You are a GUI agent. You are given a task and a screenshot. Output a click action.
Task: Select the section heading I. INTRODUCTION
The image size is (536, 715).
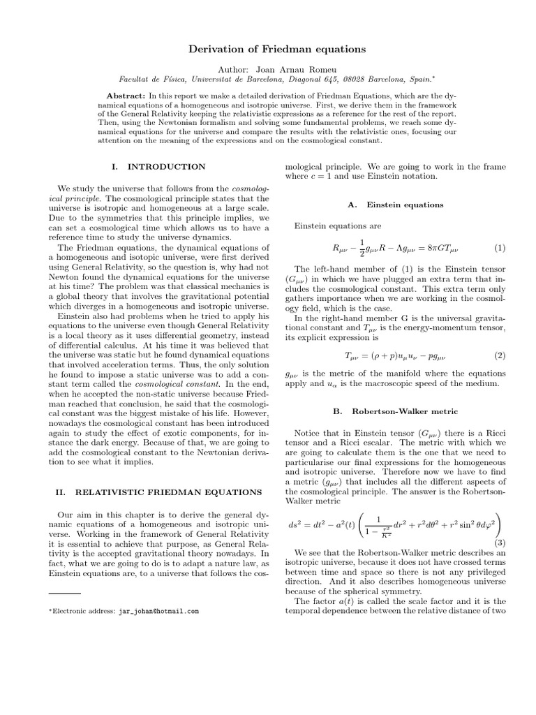(x=158, y=167)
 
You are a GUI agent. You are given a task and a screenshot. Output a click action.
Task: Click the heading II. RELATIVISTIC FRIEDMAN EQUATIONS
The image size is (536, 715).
(x=158, y=493)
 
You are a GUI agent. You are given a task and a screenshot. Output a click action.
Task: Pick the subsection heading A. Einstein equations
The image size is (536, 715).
(x=395, y=205)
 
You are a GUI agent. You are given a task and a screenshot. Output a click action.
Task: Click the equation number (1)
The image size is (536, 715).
(x=499, y=248)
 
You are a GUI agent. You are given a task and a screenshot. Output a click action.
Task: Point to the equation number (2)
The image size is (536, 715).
(x=499, y=355)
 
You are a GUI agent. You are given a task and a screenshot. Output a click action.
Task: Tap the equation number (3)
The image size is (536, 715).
(x=499, y=543)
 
